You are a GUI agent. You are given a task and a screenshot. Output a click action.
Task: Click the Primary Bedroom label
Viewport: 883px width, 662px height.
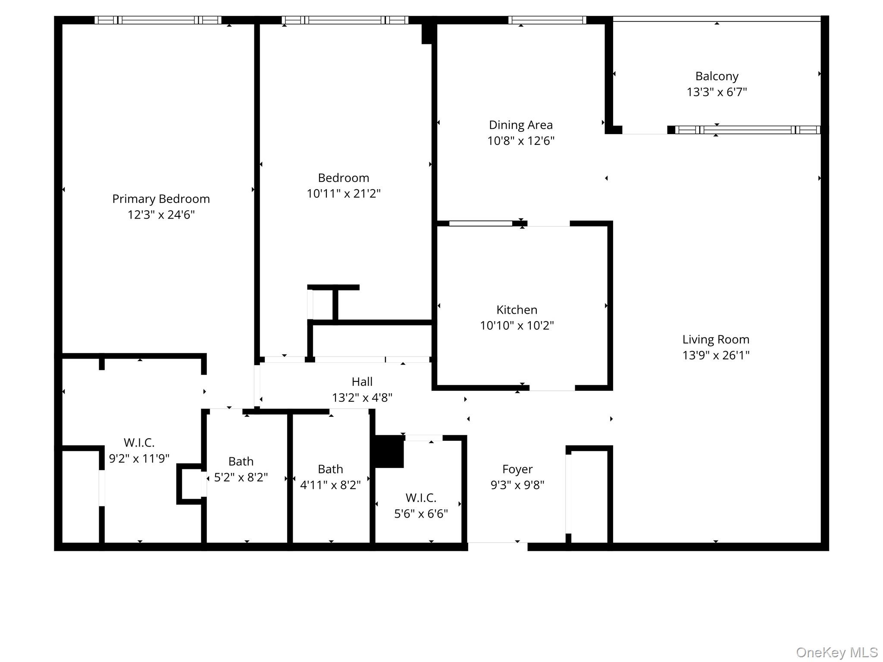tap(161, 199)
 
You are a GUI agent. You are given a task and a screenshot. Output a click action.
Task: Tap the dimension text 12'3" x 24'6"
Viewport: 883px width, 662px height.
tap(161, 215)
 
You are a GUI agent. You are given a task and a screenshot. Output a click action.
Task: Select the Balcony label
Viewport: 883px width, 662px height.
tap(717, 76)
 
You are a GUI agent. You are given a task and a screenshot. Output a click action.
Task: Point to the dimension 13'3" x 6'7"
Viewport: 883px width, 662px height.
tap(717, 92)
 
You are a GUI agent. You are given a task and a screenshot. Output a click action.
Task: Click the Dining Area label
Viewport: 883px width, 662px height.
tap(520, 125)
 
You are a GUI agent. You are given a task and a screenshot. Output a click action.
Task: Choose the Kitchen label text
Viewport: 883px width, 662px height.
tap(517, 309)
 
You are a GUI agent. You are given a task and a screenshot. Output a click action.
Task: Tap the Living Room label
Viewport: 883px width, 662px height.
tap(716, 339)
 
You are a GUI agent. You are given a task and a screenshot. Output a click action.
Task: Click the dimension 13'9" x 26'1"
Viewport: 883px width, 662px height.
tap(716, 355)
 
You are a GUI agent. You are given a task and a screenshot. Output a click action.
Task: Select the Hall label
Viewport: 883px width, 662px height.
tap(362, 381)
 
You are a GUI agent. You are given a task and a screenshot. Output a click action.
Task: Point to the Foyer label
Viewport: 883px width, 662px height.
tap(517, 469)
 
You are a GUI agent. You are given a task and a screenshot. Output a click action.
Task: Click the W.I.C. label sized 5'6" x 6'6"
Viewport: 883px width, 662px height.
tap(421, 498)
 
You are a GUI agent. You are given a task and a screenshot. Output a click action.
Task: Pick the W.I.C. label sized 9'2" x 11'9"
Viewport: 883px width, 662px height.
tap(139, 443)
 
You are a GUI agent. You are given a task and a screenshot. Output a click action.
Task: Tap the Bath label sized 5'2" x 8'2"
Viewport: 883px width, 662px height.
tap(241, 461)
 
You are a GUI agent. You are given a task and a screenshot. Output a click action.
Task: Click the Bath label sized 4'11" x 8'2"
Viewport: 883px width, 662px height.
tap(330, 469)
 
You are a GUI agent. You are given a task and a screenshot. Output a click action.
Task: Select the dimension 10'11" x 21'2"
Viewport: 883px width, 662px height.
tap(343, 194)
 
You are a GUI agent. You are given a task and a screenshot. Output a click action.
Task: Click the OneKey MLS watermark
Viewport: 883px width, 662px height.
tap(837, 653)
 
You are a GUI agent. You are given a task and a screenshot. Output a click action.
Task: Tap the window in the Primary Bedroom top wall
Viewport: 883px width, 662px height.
tap(158, 20)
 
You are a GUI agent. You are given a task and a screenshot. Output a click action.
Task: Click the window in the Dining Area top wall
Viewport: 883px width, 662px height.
tap(547, 20)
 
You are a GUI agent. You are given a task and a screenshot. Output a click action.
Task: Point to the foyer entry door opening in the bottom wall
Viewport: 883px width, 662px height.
tap(498, 546)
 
